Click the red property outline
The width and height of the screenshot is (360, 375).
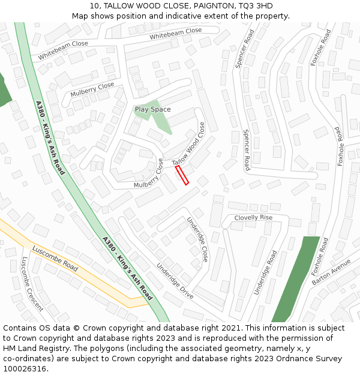[x=182, y=176]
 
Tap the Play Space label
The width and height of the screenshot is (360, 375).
[x=152, y=109]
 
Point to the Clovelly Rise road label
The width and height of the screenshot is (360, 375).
[x=253, y=217]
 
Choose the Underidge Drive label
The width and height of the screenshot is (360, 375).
[x=175, y=273]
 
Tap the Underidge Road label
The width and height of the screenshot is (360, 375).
[x=265, y=272]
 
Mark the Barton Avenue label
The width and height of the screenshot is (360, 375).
[x=331, y=272]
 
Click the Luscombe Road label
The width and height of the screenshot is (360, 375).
[x=55, y=259]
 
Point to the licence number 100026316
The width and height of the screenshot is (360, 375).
[x=25, y=369]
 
